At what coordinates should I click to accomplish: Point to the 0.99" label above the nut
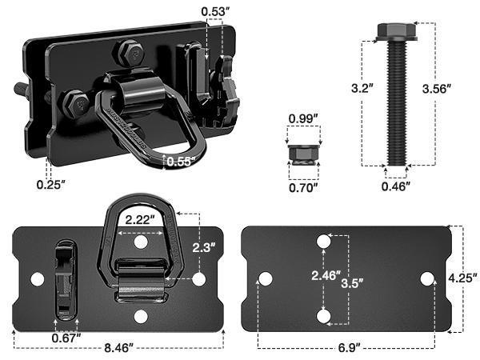tap(303, 119)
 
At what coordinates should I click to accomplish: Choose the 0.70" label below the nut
tap(303, 188)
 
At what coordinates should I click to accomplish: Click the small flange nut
tap(303, 152)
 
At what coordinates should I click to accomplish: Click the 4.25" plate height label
tap(464, 278)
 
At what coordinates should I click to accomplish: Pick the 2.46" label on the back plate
tap(324, 278)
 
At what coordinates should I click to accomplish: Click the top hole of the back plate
tap(324, 240)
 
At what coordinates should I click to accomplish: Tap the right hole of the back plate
tap(427, 278)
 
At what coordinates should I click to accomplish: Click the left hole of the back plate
tap(265, 278)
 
